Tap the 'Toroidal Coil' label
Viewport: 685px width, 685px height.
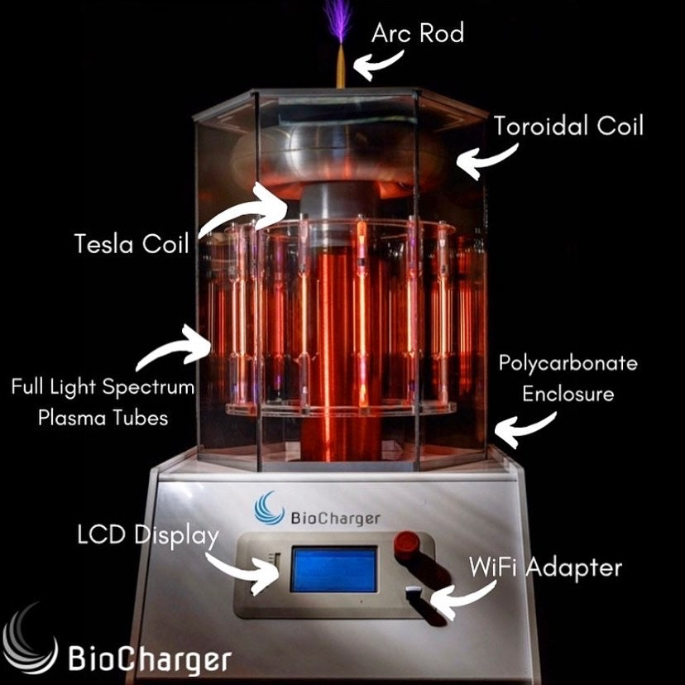568,127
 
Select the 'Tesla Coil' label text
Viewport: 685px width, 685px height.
132,244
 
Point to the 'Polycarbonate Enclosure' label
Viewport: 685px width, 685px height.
567,378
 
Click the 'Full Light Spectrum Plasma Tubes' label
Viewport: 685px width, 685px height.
103,402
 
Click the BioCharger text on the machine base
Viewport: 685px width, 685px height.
335,519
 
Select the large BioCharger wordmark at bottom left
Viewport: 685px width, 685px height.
148,660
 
